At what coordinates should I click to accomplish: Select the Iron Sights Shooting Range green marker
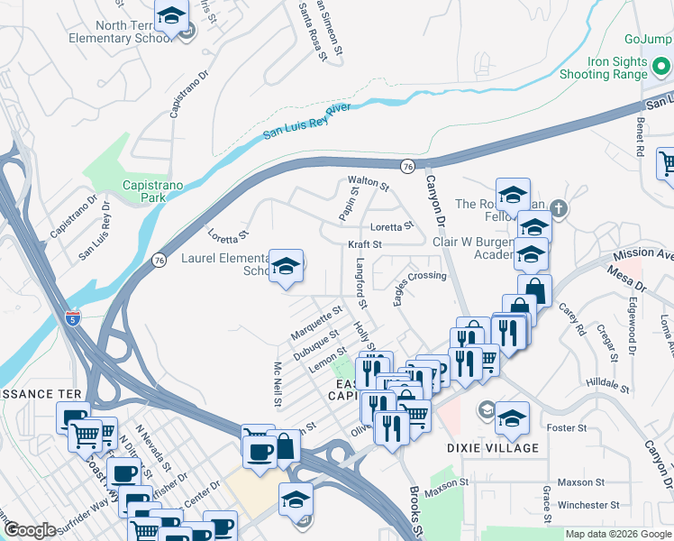(661, 69)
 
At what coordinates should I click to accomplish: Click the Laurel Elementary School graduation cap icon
(287, 266)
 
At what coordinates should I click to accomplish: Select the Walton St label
(369, 188)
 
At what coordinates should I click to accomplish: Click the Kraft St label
(365, 244)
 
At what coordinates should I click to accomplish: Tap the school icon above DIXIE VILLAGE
(512, 417)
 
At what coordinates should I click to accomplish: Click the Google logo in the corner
(30, 530)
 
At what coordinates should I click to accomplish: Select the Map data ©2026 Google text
(618, 534)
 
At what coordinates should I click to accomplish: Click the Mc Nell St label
(279, 383)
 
